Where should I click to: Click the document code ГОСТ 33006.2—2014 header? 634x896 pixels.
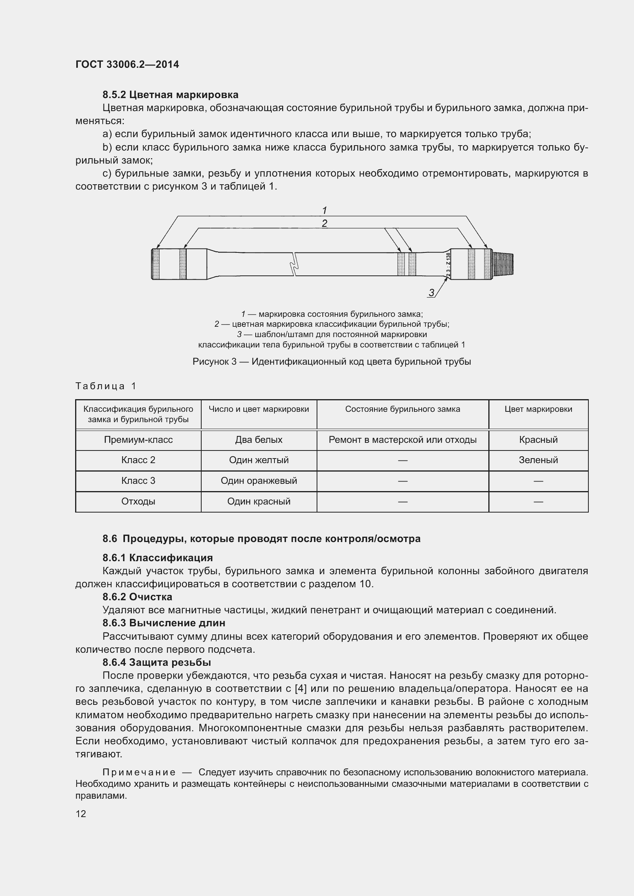[127, 64]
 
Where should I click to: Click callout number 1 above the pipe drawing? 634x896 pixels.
[324, 211]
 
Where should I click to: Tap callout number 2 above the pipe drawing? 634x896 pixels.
[324, 224]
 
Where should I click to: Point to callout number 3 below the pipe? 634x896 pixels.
[431, 293]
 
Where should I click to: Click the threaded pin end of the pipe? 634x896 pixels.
[503, 265]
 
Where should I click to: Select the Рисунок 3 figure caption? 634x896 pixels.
[332, 362]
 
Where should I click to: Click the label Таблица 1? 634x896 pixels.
[105, 386]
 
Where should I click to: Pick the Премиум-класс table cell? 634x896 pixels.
[138, 440]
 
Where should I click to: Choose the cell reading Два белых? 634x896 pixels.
[258, 440]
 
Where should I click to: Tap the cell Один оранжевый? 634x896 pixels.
[258, 481]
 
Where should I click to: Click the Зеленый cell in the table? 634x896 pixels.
[538, 460]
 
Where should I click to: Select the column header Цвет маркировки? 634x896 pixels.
[538, 409]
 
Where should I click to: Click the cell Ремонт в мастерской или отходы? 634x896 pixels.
[402, 440]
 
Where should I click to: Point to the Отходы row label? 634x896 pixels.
[138, 501]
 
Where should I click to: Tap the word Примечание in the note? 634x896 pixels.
[139, 772]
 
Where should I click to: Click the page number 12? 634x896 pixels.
[81, 814]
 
